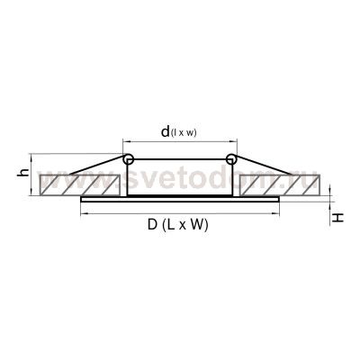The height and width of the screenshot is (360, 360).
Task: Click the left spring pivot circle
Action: click(128, 160)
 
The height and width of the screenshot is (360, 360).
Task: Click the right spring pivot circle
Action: click(232, 160)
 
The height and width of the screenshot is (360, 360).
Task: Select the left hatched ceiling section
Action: click(76, 185)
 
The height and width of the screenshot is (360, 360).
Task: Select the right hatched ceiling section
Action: click(281, 185)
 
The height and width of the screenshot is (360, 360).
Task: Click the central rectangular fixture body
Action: click(180, 180)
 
